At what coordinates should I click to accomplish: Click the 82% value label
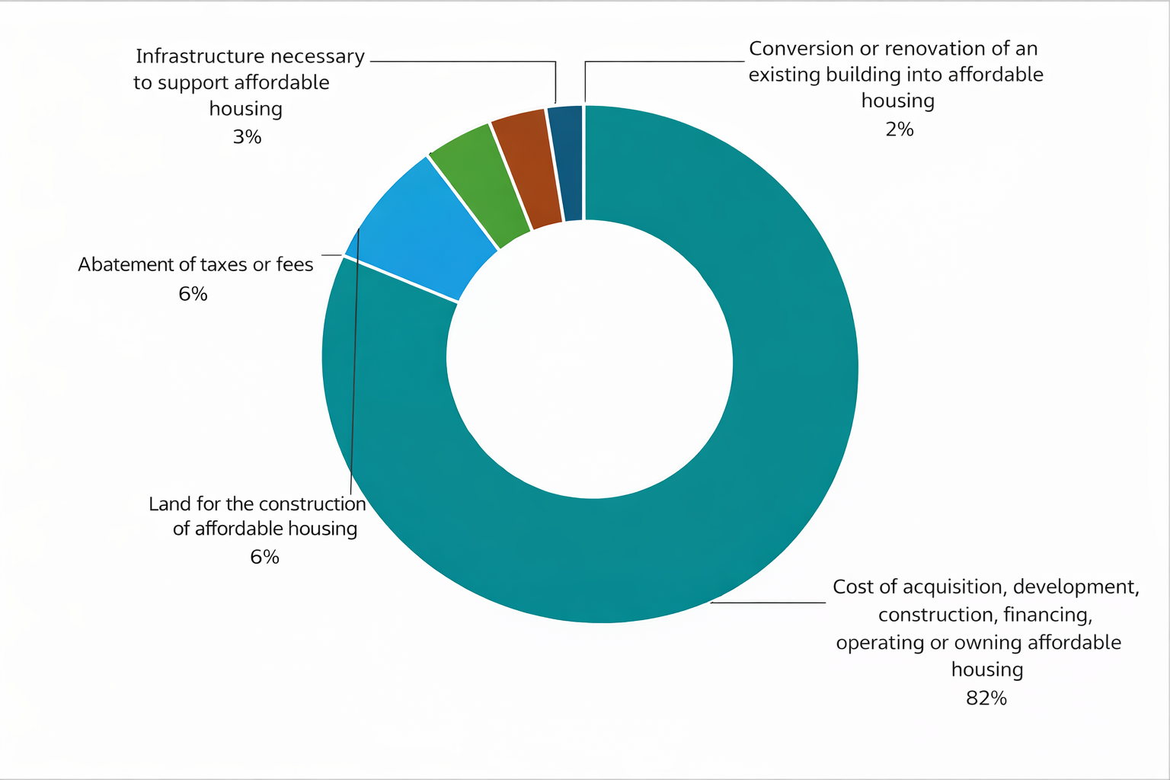click(x=986, y=698)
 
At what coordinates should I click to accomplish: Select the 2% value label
click(x=899, y=129)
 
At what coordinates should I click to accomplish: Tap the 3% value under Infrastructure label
click(x=247, y=136)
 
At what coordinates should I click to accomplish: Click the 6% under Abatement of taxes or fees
click(x=193, y=293)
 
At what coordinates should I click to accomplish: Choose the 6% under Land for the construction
click(x=264, y=557)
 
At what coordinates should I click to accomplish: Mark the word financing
click(x=1047, y=615)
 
